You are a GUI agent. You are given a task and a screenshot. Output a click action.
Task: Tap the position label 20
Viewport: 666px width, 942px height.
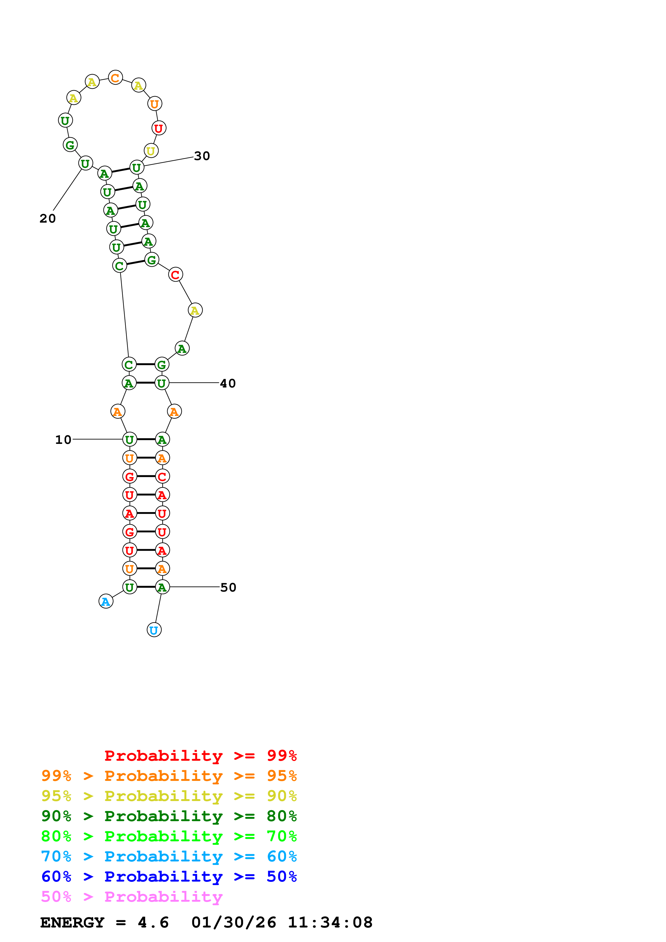click(48, 218)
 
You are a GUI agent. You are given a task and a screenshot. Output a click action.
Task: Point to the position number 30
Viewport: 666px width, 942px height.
click(202, 156)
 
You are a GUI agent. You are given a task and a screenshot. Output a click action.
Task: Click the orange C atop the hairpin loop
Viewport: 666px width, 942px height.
click(115, 78)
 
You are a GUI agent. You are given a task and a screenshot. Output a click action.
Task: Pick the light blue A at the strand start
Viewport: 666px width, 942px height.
click(106, 602)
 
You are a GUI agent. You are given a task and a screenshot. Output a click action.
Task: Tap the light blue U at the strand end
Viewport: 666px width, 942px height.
click(154, 630)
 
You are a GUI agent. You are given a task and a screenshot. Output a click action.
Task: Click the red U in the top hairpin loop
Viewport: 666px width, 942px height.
click(159, 128)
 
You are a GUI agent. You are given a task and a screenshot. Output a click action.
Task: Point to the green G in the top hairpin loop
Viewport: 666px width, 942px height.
click(70, 145)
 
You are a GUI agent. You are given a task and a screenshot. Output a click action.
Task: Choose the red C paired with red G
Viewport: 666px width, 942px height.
click(162, 477)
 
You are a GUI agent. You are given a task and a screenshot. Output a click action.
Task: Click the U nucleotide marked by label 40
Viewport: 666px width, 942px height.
click(162, 383)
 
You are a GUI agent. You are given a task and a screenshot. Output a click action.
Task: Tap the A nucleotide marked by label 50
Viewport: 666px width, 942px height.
click(162, 588)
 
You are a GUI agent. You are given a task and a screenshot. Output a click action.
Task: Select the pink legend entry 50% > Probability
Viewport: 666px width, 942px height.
click(132, 897)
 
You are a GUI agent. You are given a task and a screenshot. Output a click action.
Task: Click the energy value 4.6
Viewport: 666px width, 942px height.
click(153, 923)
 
